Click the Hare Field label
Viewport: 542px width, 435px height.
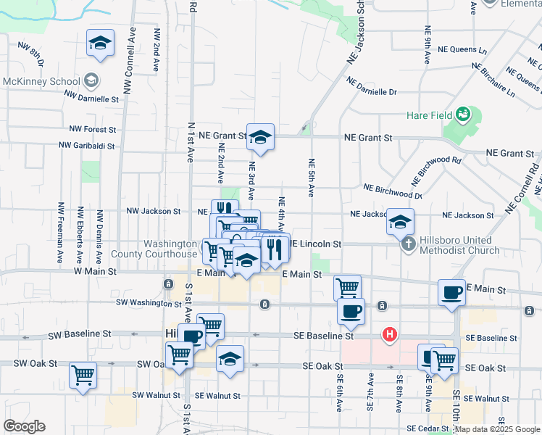429,115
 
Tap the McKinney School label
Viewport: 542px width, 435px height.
40,81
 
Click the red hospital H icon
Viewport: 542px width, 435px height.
390,335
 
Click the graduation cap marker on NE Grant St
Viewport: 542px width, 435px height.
260,136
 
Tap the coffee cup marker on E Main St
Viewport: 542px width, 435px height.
452,292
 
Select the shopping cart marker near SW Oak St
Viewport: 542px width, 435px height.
83,376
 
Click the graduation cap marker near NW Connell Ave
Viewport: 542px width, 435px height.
100,43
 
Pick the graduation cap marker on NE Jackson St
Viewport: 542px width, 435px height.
399,222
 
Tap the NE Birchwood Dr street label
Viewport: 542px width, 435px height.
393,191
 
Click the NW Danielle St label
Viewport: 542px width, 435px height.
91,96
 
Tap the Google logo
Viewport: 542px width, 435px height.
25,426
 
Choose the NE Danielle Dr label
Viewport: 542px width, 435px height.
371,87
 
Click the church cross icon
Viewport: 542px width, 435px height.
409,244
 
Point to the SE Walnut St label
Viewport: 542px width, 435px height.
220,396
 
